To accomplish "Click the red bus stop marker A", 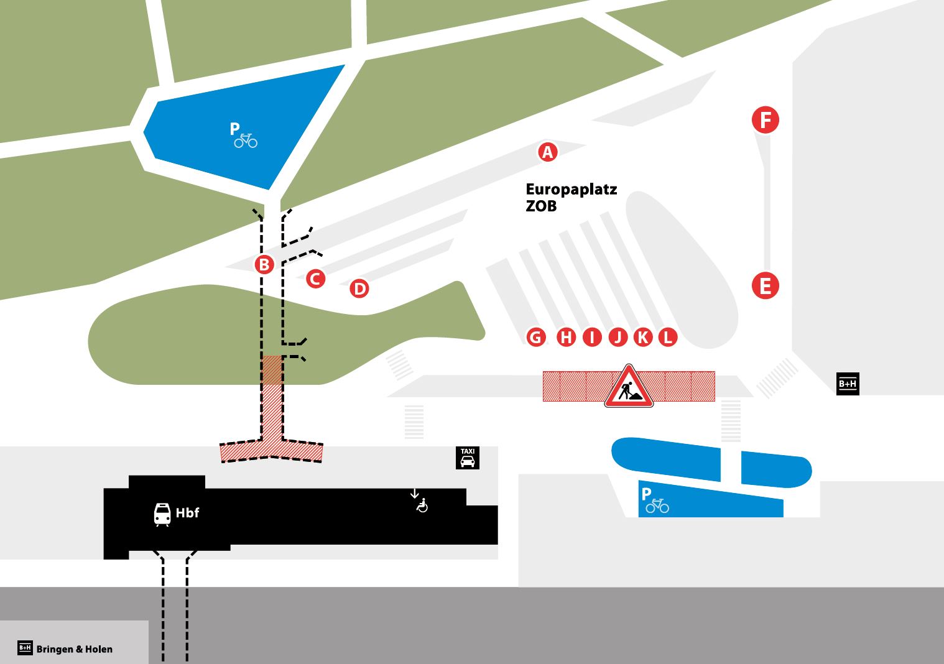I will (547, 152).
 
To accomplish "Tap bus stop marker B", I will (264, 265).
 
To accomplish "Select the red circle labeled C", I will (315, 279).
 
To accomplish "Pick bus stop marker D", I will (359, 288).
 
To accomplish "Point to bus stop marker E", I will (765, 286).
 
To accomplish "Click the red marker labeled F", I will (766, 120).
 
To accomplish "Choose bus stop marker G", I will (535, 337).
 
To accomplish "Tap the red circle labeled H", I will (566, 337).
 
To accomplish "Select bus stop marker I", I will (592, 337).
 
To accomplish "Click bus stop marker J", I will (618, 337).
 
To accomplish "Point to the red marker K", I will (643, 337).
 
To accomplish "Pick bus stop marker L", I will (667, 337).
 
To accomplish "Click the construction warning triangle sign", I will (629, 388).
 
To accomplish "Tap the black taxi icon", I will (468, 458).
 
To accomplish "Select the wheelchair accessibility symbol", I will (422, 505).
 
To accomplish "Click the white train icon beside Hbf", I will (162, 514).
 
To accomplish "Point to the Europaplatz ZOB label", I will (571, 197).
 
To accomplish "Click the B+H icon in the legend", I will (25, 648).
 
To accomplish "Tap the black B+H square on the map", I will (848, 384).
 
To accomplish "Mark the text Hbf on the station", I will (187, 513).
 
